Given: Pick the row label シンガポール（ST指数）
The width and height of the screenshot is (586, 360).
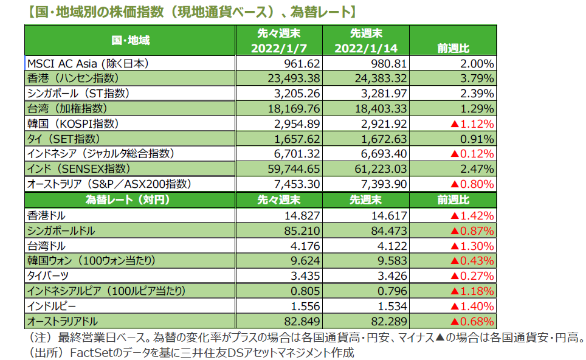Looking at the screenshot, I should [78, 94].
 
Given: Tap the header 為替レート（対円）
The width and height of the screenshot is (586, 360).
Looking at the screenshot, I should [127, 199].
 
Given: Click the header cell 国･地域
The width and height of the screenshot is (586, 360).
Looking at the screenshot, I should [130, 41].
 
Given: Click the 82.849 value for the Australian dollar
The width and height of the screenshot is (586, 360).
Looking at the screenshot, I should [303, 321].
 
